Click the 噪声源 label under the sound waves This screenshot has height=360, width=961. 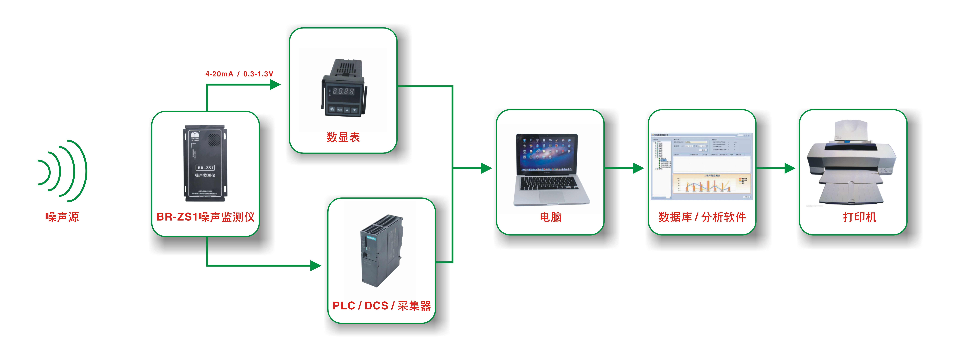[62, 217]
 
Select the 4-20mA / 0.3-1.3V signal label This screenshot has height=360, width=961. [239, 74]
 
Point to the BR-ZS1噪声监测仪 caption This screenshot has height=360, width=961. [206, 217]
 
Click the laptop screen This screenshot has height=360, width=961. [547, 153]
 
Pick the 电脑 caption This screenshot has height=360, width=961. [551, 217]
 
